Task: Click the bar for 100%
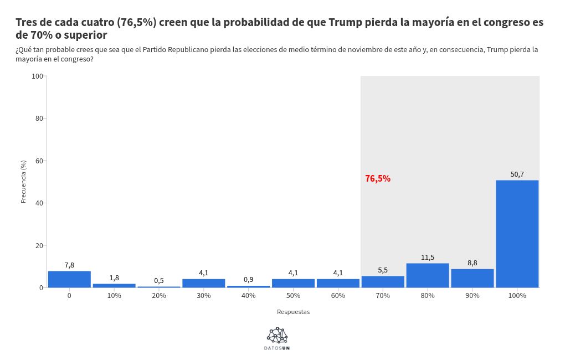517,234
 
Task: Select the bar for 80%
428,275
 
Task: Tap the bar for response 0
69,279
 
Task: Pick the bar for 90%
472,278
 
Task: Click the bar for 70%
383,281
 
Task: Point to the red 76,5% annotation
378,178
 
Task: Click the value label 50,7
517,174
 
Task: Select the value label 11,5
428,258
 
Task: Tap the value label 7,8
69,265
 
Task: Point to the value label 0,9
249,280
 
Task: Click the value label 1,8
114,278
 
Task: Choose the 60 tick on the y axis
39,161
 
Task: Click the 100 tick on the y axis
38,76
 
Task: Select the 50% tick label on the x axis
293,296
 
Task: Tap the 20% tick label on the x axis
159,296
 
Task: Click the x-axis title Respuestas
293,312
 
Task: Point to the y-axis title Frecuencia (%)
23,182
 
